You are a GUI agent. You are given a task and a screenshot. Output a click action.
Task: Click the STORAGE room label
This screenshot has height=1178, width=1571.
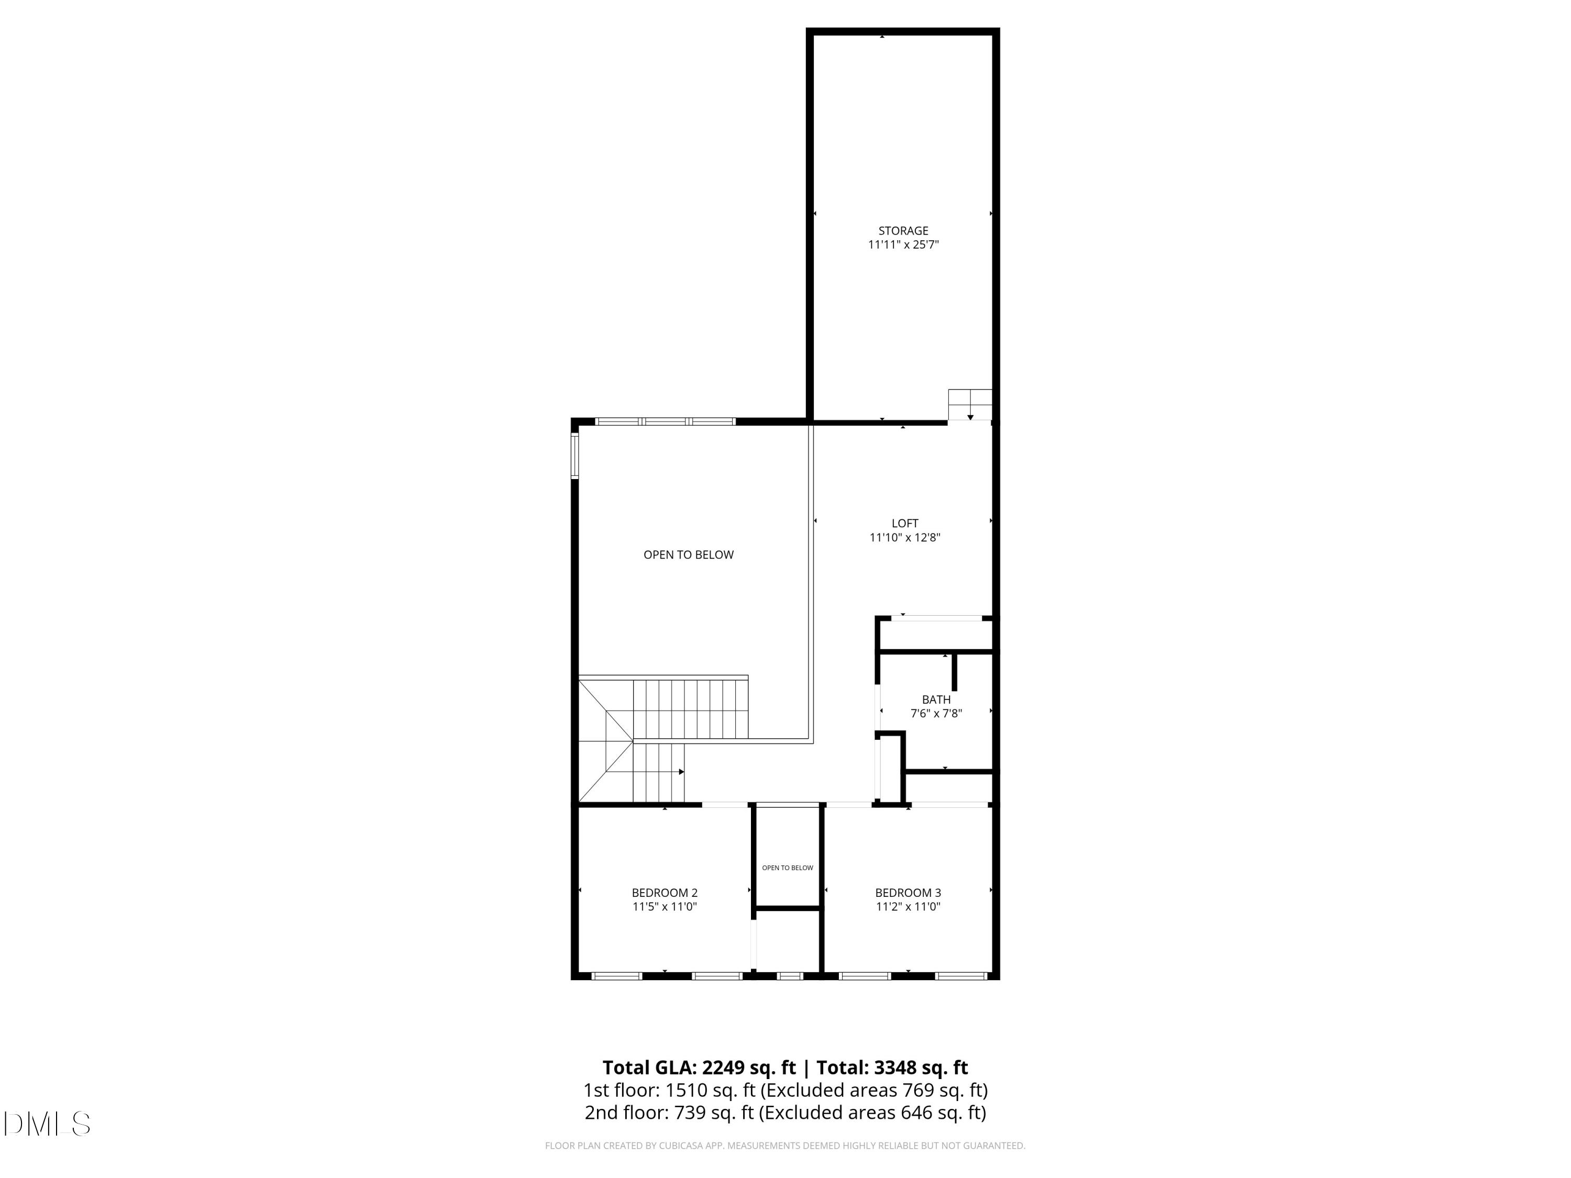[903, 231]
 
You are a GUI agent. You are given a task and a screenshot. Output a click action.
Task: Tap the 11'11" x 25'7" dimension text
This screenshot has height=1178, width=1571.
[903, 245]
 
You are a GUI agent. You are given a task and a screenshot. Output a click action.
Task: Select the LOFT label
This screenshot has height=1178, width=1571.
[905, 524]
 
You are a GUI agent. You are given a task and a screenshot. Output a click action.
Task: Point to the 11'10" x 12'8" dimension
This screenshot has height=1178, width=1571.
[905, 538]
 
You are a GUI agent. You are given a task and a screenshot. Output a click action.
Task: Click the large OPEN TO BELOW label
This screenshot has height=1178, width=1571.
[688, 554]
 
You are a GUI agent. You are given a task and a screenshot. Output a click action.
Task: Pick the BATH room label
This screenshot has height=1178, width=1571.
[936, 699]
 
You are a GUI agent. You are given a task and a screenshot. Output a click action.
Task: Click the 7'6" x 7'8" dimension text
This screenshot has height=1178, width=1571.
[936, 714]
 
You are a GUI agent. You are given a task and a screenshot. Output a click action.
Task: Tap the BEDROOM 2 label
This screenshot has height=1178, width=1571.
[665, 893]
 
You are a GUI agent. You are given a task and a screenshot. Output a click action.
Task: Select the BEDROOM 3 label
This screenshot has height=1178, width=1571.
[908, 893]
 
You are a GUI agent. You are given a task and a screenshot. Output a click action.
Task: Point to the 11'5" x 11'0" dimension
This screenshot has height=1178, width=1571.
[665, 907]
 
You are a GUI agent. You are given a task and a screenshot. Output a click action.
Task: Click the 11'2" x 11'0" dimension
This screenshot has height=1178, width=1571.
[908, 907]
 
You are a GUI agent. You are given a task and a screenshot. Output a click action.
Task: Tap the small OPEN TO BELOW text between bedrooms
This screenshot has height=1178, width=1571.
[788, 868]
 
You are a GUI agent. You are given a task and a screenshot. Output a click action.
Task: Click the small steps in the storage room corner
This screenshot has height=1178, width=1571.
[969, 404]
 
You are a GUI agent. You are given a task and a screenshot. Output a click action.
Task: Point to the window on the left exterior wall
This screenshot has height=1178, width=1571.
[574, 456]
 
